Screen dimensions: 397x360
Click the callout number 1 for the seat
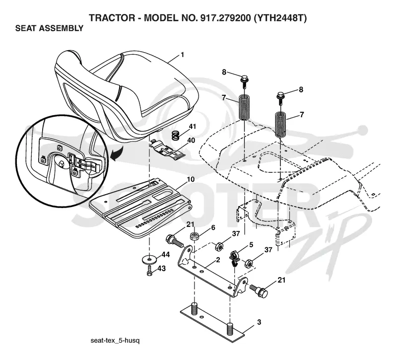pos(183,55)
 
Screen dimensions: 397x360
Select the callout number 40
pos(191,140)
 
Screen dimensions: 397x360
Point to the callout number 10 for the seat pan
pos(191,179)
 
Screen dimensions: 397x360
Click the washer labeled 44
pos(150,260)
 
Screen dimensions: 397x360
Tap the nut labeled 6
pos(194,237)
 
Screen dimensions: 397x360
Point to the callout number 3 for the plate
pos(259,322)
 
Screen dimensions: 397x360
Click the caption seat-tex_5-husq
pos(115,340)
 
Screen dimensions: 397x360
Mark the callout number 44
pos(166,254)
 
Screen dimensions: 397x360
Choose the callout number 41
pos(193,126)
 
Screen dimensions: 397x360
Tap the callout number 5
pos(251,245)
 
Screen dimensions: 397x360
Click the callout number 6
pos(213,227)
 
